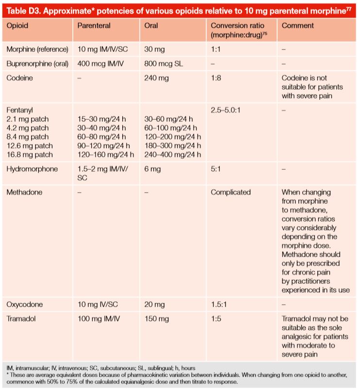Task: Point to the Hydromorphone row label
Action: point(31,169)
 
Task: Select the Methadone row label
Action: point(24,192)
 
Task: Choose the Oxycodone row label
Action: point(24,304)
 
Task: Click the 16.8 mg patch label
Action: point(30,155)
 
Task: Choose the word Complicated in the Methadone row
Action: point(230,192)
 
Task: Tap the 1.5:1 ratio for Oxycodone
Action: point(219,304)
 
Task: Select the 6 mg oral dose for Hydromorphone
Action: point(153,169)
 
